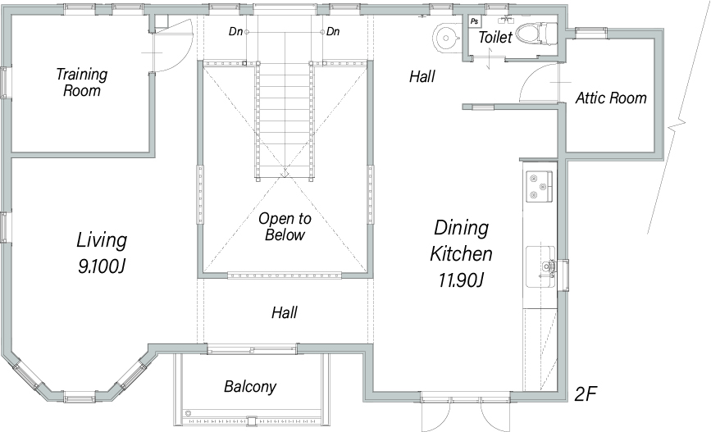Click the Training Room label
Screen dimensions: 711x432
coord(82,82)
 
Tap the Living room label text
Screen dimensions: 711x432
coord(102,240)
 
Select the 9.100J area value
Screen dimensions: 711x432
coord(102,266)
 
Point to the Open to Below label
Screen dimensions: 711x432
coord(285,226)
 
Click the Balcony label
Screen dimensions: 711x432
coord(250,387)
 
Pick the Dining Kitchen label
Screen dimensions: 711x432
coord(461,240)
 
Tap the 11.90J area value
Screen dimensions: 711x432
coord(461,280)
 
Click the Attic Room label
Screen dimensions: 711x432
coord(611,98)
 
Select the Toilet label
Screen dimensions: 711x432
coord(495,37)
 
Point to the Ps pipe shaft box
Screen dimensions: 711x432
coord(474,21)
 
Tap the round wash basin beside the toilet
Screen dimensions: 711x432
coord(446,38)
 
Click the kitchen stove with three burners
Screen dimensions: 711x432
coord(539,186)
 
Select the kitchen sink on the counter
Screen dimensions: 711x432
coord(540,267)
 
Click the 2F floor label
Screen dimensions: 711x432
coord(586,394)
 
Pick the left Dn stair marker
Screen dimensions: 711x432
coord(236,31)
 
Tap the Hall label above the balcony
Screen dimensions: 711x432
coord(285,312)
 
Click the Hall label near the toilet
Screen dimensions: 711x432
coord(422,76)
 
